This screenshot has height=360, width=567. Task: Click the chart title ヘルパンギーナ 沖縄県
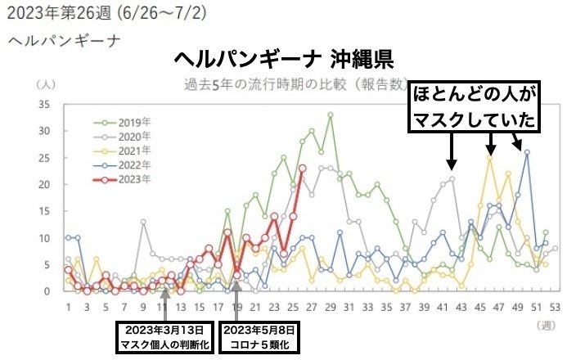(x=283, y=58)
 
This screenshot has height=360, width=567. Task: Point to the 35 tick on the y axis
(x=46, y=104)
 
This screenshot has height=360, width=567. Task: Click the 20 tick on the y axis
(x=46, y=184)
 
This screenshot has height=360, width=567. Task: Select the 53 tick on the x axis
(x=556, y=307)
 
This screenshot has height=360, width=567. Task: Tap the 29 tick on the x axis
(x=331, y=307)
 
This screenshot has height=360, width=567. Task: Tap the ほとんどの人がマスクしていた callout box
(x=474, y=106)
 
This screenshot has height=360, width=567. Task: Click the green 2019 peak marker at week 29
(x=331, y=115)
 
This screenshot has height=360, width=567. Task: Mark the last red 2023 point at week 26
(x=303, y=168)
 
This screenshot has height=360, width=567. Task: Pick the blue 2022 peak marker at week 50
(x=527, y=152)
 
